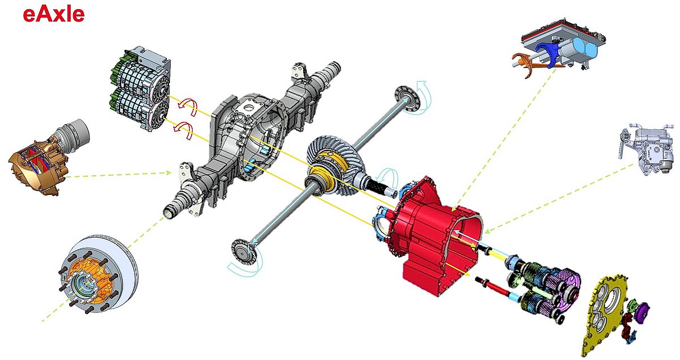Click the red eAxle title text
[x=54, y=15]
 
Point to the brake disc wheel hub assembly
[x=99, y=275]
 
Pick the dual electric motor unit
[x=139, y=88]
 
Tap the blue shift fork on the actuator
[x=547, y=53]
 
